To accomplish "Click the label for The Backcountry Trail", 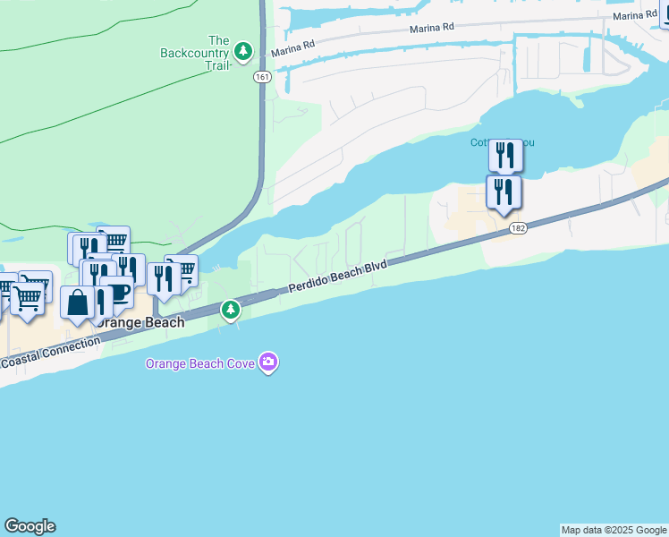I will tap(195, 53).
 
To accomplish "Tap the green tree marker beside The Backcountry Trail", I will tap(243, 49).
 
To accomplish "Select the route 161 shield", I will tap(261, 78).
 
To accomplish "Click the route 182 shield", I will tap(517, 229).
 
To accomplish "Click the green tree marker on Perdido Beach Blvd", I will tap(231, 310).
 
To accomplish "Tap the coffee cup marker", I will tap(117, 292).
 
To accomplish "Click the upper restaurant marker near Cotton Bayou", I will tap(505, 156).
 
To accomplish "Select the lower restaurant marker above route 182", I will tap(504, 192).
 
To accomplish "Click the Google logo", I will tap(30, 526).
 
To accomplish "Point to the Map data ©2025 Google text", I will tap(614, 530).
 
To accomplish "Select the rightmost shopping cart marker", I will tap(183, 269).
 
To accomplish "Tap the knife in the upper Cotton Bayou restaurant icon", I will tap(511, 155).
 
